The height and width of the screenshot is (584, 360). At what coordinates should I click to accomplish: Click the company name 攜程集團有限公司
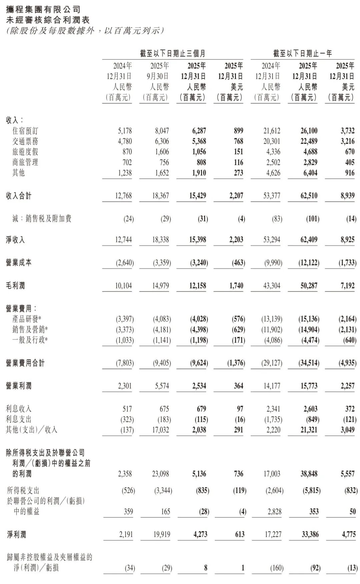[43, 9]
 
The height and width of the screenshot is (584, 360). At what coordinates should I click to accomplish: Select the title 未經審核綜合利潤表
[48, 20]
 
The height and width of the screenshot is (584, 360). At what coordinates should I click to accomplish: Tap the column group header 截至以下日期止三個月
[172, 53]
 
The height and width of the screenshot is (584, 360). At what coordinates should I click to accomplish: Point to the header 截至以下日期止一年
[302, 53]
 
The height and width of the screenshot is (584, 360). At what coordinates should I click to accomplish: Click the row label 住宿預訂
[25, 131]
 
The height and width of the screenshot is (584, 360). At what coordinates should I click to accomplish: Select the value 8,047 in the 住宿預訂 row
[161, 131]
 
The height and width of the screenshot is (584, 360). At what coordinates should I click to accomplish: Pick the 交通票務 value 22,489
[309, 141]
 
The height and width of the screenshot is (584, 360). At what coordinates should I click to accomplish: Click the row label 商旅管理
[25, 162]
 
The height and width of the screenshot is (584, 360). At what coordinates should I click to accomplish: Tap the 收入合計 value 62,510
[309, 196]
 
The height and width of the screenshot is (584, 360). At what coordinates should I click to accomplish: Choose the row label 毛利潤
[15, 285]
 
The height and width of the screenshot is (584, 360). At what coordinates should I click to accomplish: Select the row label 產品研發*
[27, 319]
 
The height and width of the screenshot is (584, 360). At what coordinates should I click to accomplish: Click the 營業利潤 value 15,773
[309, 386]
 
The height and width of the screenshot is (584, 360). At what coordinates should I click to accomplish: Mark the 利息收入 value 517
[127, 409]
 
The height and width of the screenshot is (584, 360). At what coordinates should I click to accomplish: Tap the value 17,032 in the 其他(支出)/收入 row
[161, 430]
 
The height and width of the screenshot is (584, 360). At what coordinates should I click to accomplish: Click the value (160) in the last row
[277, 568]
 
